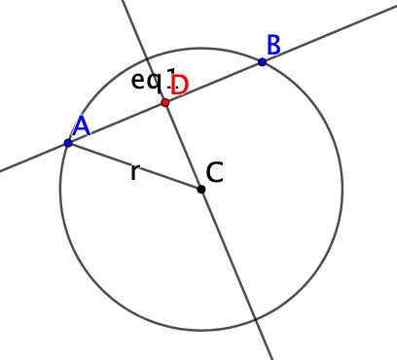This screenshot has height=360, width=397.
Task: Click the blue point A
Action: coord(68,143)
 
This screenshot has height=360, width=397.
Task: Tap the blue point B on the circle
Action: coord(263,61)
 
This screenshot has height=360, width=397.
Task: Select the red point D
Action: coord(165,102)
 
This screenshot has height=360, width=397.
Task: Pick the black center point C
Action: coord(201,188)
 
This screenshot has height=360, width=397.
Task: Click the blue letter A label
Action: coord(81,126)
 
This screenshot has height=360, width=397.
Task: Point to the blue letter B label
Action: coord(273,44)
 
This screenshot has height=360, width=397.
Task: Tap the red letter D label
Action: coord(179,85)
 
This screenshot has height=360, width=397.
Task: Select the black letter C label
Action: coord(216,173)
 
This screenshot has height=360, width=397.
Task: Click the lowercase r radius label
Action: coord(134,173)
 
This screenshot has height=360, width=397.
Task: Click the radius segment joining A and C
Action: coord(134,165)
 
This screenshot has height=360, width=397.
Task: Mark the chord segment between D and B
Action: coord(214,82)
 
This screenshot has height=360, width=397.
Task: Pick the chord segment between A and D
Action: coord(117,123)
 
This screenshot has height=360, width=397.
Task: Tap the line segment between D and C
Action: coord(183,145)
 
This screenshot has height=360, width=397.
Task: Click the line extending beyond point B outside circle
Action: coord(331,33)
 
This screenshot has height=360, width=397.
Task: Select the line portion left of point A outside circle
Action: coord(29,160)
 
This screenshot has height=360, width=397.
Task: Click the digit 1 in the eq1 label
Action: coord(172,80)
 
